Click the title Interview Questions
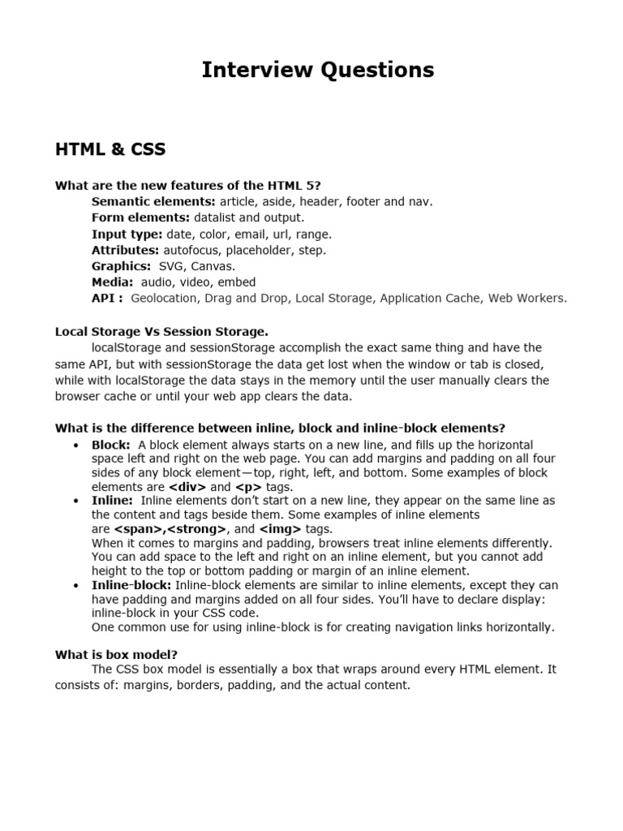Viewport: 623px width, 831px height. pos(318,71)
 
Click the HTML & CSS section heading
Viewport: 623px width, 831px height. pos(110,149)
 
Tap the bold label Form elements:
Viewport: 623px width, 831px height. pos(140,217)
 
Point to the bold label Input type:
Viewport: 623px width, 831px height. pos(127,234)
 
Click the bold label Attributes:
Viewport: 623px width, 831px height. pos(126,250)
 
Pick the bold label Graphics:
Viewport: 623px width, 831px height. pos(121,266)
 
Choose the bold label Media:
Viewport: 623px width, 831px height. pos(112,282)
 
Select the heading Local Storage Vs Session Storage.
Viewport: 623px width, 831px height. pos(161,331)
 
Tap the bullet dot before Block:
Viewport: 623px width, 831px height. pos(75,446)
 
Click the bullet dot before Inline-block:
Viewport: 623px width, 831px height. pos(75,585)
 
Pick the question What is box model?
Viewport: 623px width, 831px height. pos(116,654)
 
